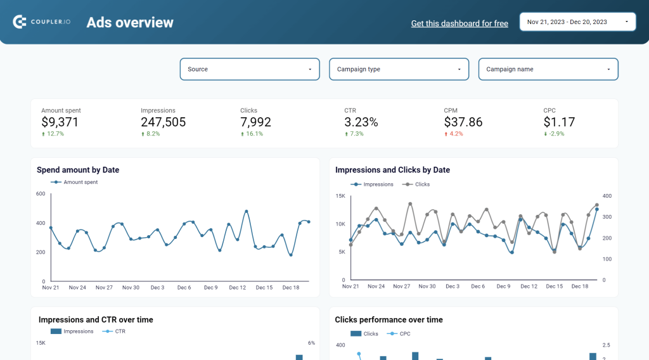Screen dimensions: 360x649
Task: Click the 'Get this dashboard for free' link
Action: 459,23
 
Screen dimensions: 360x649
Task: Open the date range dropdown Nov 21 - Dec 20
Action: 577,22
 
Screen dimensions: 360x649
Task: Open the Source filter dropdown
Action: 250,69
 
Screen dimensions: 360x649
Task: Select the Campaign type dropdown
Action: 399,69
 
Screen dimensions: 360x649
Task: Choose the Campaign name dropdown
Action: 548,69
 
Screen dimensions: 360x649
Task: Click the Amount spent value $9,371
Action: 60,122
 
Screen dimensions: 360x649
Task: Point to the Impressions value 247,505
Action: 163,122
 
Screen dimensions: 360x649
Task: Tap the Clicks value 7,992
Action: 255,122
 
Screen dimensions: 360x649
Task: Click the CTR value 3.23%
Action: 361,122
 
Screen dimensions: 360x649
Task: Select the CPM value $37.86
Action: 463,122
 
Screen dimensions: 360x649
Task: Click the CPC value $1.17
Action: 559,122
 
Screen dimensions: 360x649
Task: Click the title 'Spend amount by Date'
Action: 78,170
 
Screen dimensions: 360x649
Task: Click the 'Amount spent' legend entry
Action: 80,182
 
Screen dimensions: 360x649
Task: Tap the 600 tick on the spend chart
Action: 41,194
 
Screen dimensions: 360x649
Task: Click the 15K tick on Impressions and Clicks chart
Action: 340,196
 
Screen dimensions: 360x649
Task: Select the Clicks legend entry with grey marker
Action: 421,184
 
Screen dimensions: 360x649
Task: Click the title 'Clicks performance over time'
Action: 389,320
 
